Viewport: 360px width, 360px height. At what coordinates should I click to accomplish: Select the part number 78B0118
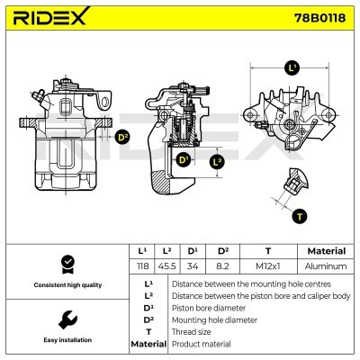pyautogui.click(x=319, y=19)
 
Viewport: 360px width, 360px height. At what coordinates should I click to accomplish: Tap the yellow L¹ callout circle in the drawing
pyautogui.click(x=292, y=67)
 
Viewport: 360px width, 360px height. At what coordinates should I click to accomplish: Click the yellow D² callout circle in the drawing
pyautogui.click(x=122, y=138)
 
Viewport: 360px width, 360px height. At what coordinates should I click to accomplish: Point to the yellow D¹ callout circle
pyautogui.click(x=183, y=160)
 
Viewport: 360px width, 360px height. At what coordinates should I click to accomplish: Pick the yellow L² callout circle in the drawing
pyautogui.click(x=216, y=162)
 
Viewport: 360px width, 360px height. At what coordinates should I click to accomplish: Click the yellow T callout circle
pyautogui.click(x=300, y=215)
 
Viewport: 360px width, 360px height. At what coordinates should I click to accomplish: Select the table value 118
pyautogui.click(x=141, y=266)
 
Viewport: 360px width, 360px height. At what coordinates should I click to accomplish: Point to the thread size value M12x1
pyautogui.click(x=267, y=266)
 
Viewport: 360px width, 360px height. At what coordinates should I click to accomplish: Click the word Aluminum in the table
pyautogui.click(x=325, y=266)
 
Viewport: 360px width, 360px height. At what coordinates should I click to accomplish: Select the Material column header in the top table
pyautogui.click(x=325, y=251)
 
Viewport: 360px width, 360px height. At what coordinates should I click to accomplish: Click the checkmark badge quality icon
pyautogui.click(x=67, y=264)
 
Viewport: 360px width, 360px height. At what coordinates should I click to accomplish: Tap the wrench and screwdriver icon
pyautogui.click(x=67, y=319)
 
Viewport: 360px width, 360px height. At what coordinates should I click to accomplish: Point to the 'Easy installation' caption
pyautogui.click(x=67, y=341)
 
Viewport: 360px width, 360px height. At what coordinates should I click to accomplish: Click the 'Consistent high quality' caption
pyautogui.click(x=67, y=285)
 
